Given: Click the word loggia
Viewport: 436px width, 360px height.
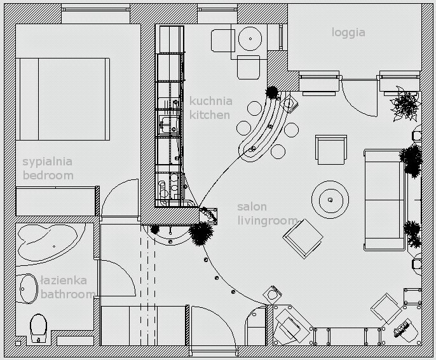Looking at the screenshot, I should click(x=348, y=32).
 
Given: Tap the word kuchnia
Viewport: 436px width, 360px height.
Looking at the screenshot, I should click(x=210, y=101).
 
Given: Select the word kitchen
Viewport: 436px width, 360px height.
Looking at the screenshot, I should click(x=209, y=115).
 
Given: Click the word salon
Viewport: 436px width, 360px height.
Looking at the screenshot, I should click(x=252, y=207).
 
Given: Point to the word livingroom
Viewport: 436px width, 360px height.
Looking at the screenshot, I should click(x=267, y=221).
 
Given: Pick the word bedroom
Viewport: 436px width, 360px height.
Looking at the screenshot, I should click(x=48, y=175).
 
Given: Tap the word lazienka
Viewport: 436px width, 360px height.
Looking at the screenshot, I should click(x=64, y=280).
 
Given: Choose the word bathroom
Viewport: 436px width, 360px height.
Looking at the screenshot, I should click(x=67, y=294).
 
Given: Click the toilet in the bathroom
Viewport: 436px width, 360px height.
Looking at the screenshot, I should click(x=38, y=326).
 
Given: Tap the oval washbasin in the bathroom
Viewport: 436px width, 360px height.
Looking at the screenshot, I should click(x=27, y=288).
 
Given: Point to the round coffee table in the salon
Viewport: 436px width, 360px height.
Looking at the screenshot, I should click(x=330, y=200).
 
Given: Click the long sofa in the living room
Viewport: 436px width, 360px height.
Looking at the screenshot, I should click(x=383, y=199).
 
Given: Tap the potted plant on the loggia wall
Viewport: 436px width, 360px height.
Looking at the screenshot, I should click(x=404, y=105).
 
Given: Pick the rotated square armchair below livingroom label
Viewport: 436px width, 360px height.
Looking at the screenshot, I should click(x=303, y=239).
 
